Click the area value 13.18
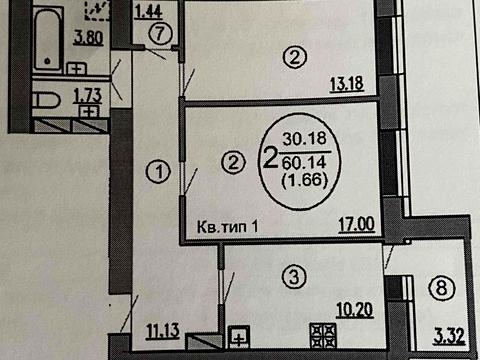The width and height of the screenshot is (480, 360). tap(347, 84)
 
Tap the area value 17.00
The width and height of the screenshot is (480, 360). tap(356, 225)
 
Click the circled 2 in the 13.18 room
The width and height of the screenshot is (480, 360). tap(292, 58)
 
